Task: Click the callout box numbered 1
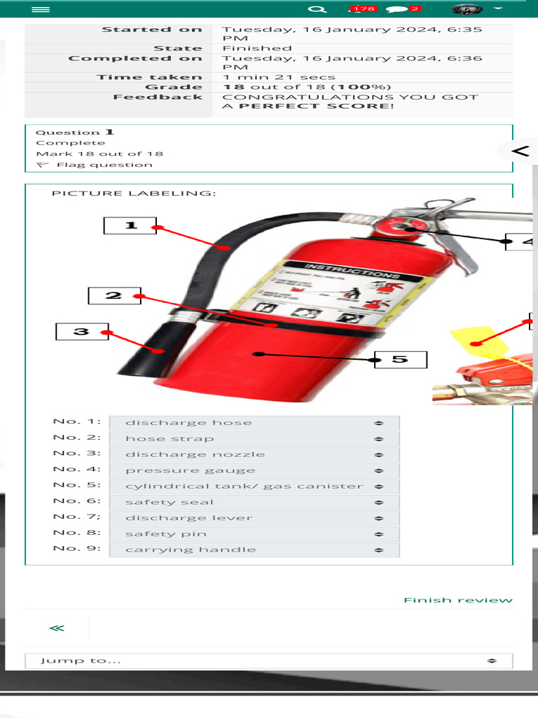(130, 226)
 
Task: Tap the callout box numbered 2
(114, 296)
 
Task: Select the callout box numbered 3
(82, 331)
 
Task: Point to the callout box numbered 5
(400, 360)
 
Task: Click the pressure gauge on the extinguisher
(406, 228)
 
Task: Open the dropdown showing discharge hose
(254, 423)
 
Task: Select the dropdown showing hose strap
(254, 439)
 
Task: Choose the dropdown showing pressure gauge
(254, 470)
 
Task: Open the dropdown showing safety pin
(254, 534)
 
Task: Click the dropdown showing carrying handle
(254, 550)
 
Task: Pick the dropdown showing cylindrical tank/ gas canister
(254, 487)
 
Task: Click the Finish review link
(458, 600)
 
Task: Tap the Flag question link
(104, 165)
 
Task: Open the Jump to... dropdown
(268, 661)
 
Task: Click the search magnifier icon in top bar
(317, 9)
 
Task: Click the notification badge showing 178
(363, 9)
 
